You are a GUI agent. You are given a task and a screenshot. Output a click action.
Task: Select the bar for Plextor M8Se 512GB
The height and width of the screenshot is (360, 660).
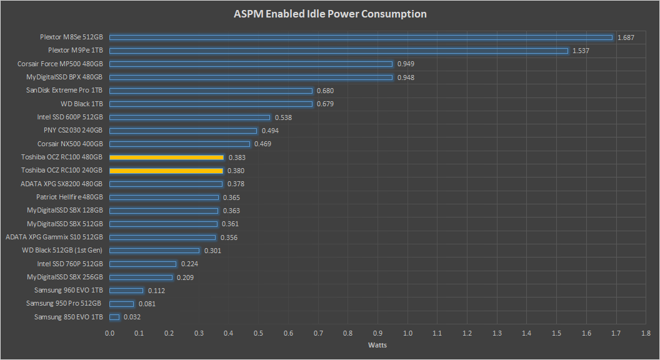click(361, 37)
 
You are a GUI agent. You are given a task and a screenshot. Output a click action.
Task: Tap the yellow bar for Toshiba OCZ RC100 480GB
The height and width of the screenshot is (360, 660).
click(166, 157)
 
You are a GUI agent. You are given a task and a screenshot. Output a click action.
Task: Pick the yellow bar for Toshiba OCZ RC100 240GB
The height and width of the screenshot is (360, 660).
click(166, 171)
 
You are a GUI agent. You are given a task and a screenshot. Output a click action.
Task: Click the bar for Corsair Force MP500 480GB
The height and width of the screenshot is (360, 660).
click(251, 64)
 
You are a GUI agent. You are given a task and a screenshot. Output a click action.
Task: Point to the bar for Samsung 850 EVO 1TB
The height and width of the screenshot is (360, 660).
click(114, 317)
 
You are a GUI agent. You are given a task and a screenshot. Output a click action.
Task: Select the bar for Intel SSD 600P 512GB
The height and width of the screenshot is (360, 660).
click(190, 117)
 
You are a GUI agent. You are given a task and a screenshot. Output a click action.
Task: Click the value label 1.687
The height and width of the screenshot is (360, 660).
click(626, 37)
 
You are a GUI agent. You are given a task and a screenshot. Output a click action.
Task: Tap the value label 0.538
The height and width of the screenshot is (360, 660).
click(283, 117)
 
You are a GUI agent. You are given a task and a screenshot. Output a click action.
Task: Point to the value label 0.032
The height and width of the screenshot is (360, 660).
click(132, 317)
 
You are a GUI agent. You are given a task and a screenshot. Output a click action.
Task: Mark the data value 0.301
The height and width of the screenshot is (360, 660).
click(212, 251)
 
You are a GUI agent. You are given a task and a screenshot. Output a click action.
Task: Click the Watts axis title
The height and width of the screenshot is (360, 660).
click(377, 345)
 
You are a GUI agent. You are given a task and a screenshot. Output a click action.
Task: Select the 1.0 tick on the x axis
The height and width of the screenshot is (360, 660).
click(407, 333)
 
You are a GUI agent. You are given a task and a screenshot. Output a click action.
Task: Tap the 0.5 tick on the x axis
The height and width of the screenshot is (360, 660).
click(259, 333)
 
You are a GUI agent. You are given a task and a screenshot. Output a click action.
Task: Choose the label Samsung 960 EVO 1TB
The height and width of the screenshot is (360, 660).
click(69, 290)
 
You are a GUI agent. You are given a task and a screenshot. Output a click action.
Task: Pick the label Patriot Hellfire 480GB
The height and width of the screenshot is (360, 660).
click(69, 197)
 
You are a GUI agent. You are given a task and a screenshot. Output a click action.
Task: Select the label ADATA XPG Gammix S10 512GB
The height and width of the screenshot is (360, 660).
click(54, 237)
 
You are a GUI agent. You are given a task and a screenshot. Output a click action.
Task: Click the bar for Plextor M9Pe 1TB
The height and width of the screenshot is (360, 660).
click(339, 51)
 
